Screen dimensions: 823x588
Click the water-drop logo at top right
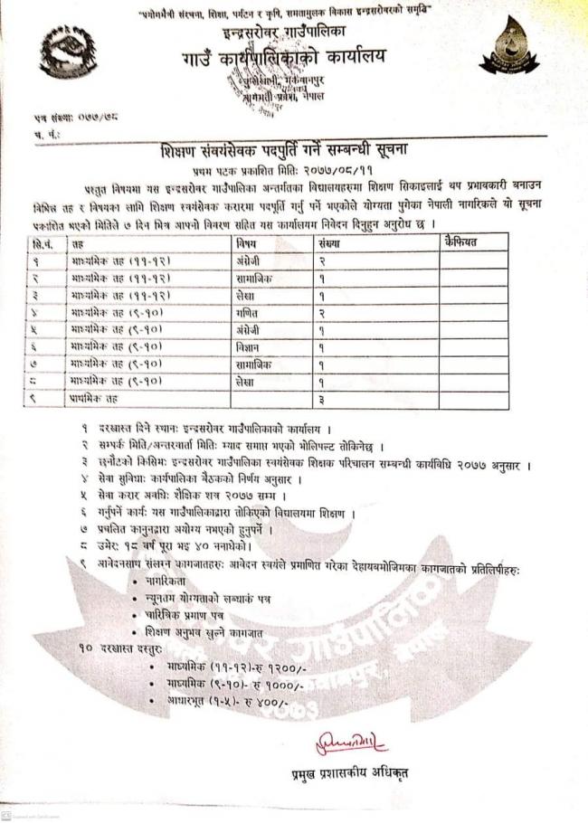[x=508, y=51]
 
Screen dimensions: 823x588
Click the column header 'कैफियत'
[x=460, y=241]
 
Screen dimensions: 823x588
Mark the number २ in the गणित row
[x=321, y=311]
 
